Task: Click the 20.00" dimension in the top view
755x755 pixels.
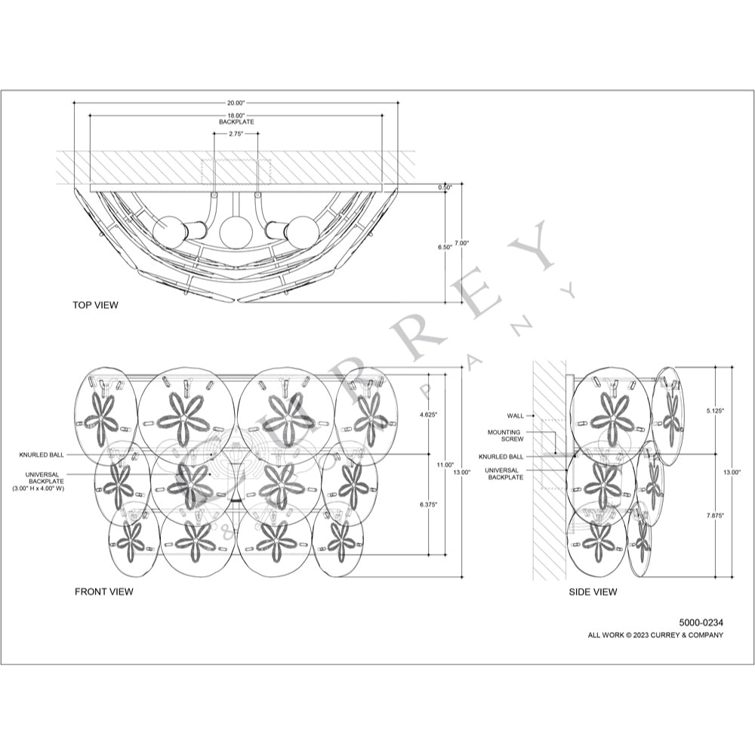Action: pyautogui.click(x=236, y=103)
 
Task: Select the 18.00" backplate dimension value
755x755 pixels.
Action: pyautogui.click(x=236, y=116)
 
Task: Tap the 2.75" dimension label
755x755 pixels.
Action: pyautogui.click(x=236, y=134)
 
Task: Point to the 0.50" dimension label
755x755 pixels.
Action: pyautogui.click(x=445, y=188)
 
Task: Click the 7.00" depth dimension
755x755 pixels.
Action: pyautogui.click(x=461, y=243)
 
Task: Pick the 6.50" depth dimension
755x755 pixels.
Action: pyautogui.click(x=445, y=247)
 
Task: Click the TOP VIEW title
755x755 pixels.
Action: pyautogui.click(x=95, y=305)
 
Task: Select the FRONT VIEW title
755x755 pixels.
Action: pyautogui.click(x=104, y=591)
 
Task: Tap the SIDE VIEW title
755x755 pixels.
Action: pyautogui.click(x=593, y=592)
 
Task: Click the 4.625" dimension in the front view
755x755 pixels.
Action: pyautogui.click(x=429, y=414)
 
